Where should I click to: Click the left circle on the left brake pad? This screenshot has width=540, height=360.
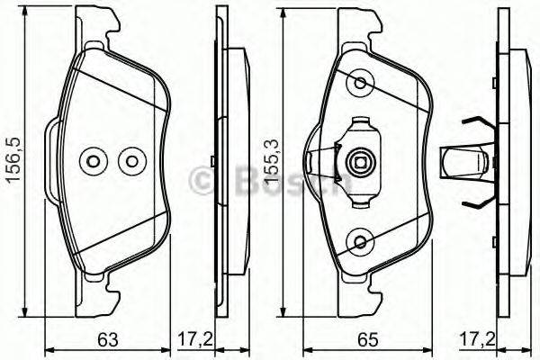point(93,162)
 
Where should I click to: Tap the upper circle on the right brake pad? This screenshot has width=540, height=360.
point(362,83)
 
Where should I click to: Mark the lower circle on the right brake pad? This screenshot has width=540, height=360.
point(362,241)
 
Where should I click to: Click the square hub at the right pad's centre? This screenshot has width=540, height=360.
point(360,163)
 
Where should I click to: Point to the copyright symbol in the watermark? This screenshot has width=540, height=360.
point(201,182)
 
